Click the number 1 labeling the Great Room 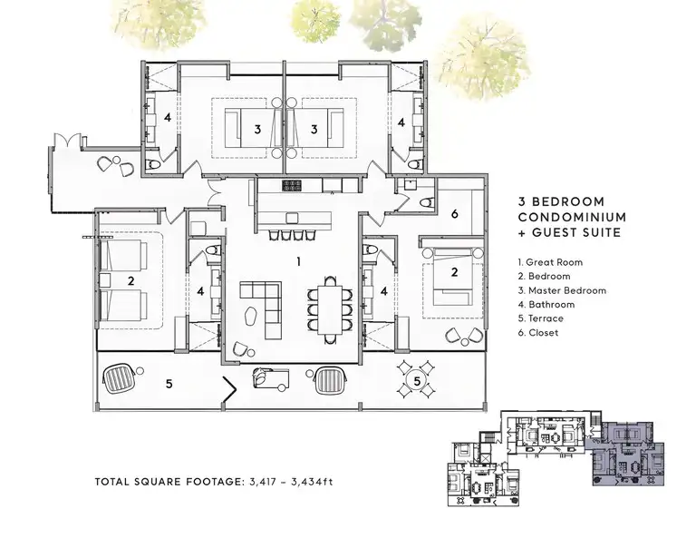[x=299, y=261]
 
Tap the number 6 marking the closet [x=454, y=214]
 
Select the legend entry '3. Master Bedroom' [x=562, y=290]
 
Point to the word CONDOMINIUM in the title [x=572, y=217]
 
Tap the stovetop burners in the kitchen [x=291, y=185]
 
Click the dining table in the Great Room [x=330, y=310]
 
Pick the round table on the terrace [x=417, y=381]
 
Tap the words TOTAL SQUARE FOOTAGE [x=169, y=482]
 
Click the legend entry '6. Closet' [x=538, y=333]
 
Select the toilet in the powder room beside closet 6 [x=426, y=203]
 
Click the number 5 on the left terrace [x=169, y=384]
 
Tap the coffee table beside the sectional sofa [x=252, y=316]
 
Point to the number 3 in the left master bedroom [x=257, y=130]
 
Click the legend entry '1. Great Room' [x=550, y=262]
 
